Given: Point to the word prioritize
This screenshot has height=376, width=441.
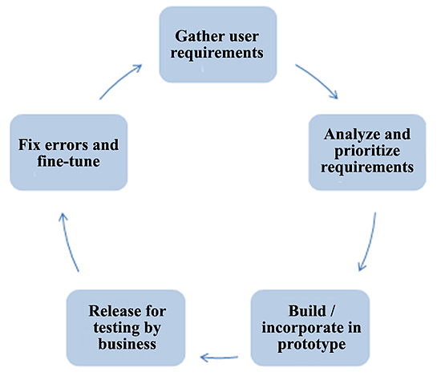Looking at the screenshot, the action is (367, 152).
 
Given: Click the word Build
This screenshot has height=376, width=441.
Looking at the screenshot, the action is (307, 311).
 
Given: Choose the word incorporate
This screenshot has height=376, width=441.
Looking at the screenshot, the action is (303, 328).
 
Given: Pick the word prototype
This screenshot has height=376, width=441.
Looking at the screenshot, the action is (312, 345).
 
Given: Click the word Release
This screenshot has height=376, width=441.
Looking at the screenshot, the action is (115, 311).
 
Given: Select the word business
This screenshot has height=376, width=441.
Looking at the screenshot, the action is (127, 344).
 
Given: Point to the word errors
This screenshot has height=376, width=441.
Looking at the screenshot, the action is (67, 146).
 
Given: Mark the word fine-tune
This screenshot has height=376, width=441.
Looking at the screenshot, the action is (69, 161).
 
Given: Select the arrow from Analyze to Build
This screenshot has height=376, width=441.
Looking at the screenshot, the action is (370, 242).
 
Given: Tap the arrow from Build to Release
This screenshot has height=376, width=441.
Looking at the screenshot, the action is (219, 358).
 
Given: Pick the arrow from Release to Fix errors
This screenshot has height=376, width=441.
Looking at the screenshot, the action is (67, 242).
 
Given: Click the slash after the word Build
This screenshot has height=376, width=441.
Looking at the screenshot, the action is (333, 311).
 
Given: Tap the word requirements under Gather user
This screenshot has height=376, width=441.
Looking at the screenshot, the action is (216, 53).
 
